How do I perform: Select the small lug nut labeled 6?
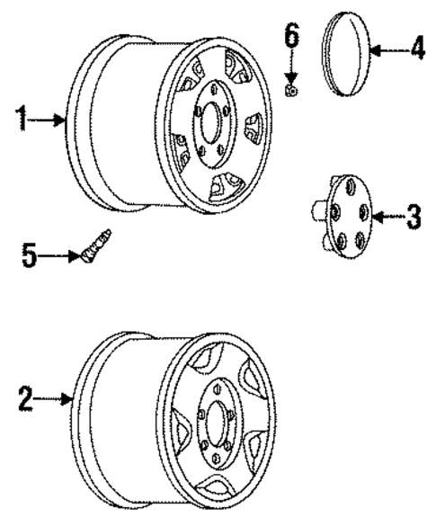coord(293,91)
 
